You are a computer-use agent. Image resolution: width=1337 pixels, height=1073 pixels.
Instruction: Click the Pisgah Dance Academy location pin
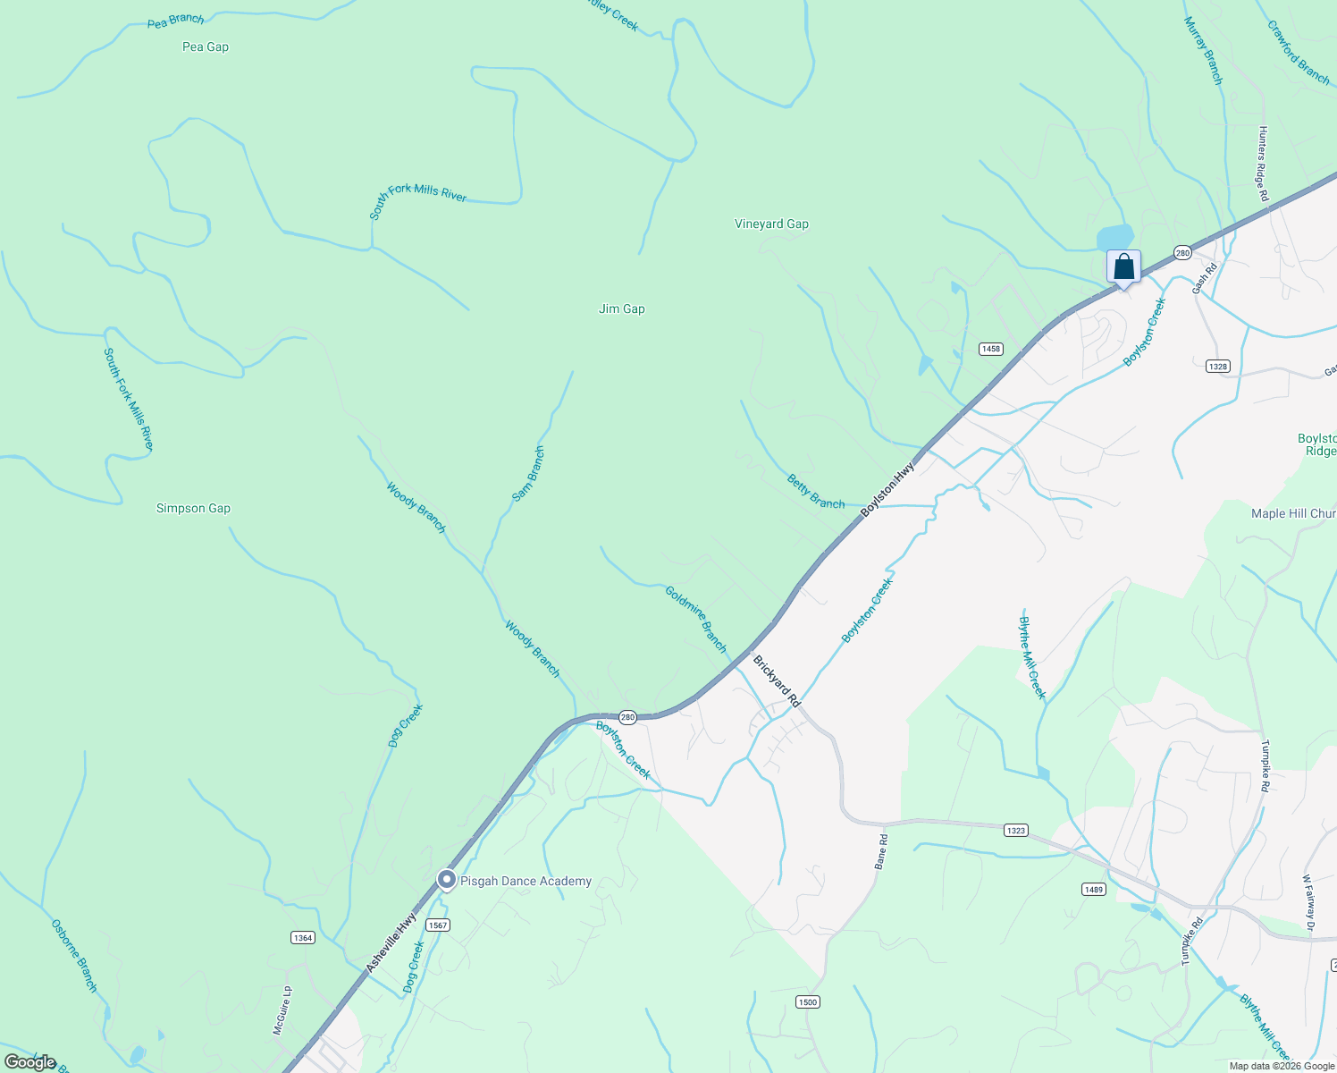tap(447, 881)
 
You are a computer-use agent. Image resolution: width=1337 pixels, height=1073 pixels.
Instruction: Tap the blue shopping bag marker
tap(1123, 267)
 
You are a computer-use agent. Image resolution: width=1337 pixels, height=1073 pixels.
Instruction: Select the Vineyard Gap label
tap(771, 224)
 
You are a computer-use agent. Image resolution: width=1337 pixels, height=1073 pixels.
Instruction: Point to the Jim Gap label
tap(621, 309)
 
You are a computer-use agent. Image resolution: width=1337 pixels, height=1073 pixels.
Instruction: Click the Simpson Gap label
tap(193, 509)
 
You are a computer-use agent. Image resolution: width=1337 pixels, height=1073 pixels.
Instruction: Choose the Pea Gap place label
tap(206, 47)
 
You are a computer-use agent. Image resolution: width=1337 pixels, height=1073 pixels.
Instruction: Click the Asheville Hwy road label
tap(391, 942)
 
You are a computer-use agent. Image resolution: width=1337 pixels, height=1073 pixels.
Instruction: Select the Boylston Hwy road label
tap(888, 489)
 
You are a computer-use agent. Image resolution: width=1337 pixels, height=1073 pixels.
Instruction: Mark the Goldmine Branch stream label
tap(696, 619)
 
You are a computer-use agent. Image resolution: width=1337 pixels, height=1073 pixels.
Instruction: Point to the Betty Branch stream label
tap(815, 492)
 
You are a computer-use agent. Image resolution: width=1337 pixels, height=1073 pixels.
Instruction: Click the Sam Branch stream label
tap(528, 474)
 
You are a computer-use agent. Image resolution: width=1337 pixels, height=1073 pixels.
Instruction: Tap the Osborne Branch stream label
tap(74, 955)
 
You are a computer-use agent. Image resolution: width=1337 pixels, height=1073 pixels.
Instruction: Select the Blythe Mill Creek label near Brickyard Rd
tap(1032, 657)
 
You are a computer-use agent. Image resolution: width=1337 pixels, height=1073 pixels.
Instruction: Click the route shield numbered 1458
tap(990, 349)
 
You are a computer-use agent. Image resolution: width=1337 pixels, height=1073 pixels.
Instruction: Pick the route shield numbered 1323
tap(1015, 831)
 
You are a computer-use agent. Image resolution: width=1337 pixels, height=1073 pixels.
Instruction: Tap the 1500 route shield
tap(807, 1002)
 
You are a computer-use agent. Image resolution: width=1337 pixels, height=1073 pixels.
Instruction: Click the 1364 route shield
tap(303, 937)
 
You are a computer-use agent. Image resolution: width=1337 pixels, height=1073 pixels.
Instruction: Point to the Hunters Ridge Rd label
tap(1264, 163)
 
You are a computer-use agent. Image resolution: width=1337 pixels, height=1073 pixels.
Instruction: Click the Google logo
tap(30, 1062)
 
